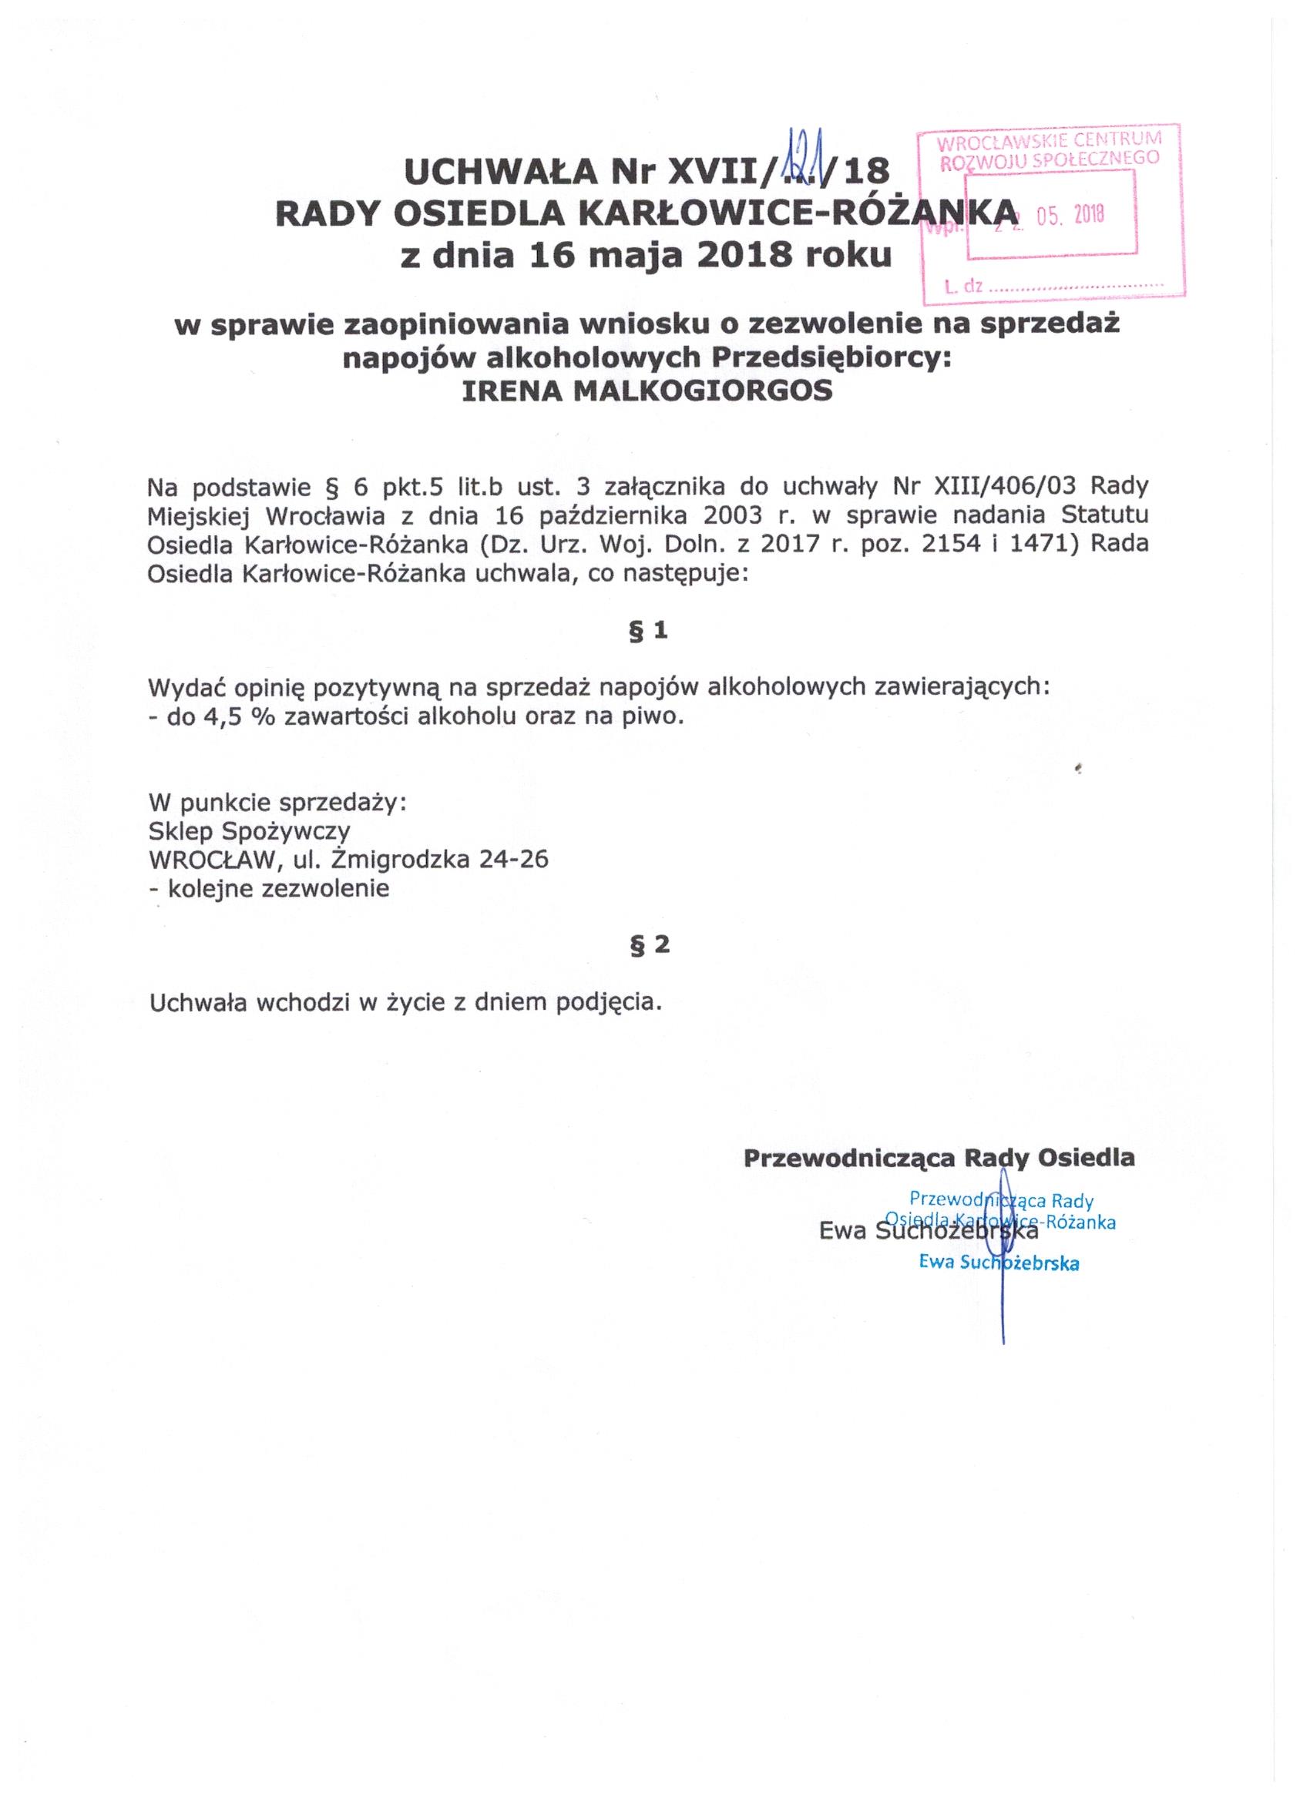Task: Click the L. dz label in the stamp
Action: pos(964,287)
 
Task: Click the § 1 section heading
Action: pos(649,631)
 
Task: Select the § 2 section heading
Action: pos(649,945)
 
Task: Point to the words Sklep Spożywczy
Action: pos(249,831)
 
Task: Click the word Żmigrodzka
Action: pos(400,860)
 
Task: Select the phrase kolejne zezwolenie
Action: pos(276,888)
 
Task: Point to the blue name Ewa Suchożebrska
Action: pos(999,1263)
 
